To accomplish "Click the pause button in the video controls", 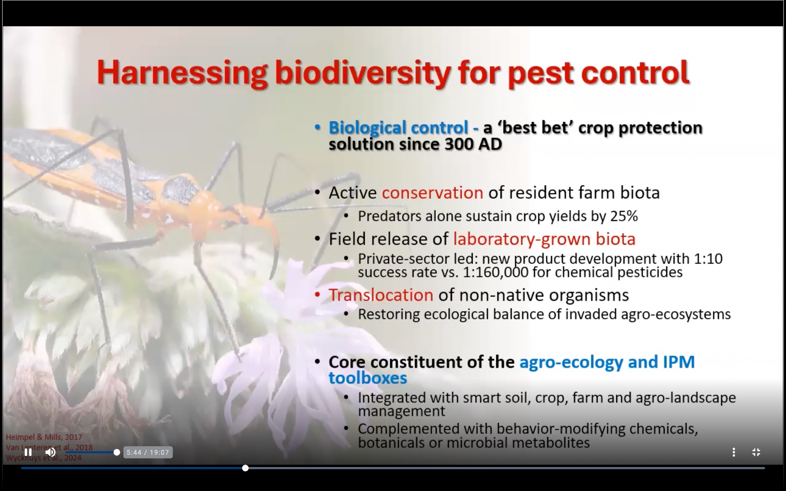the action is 28,452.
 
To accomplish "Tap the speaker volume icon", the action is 50,452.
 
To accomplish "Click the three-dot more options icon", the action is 733,452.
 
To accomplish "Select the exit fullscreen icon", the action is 756,452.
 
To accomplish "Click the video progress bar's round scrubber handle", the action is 245,468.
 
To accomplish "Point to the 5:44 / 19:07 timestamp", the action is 148,453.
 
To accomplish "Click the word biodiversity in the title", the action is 362,73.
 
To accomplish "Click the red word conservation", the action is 432,192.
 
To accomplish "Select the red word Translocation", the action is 381,295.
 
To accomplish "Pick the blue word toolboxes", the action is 367,378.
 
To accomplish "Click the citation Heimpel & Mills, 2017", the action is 44,437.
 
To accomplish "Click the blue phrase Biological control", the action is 398,127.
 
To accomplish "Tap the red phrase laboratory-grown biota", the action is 544,239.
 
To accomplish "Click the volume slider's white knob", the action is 117,453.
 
